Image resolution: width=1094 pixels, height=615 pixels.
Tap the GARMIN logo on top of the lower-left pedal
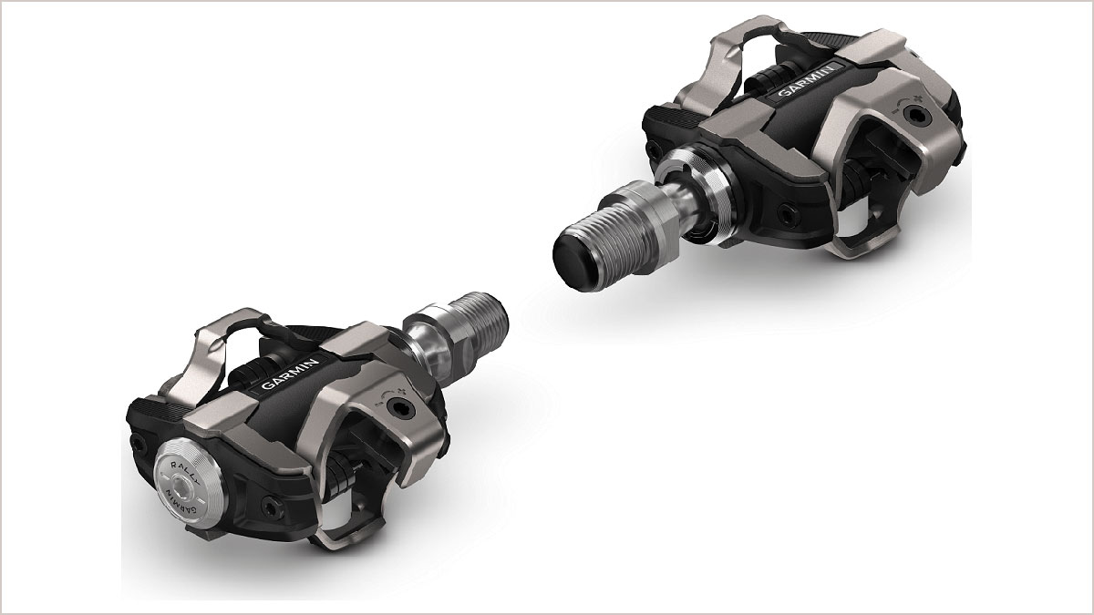[290, 375]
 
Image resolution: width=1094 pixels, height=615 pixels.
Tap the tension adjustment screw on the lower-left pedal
[400, 407]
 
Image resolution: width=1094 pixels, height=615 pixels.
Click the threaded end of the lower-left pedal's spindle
[482, 316]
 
